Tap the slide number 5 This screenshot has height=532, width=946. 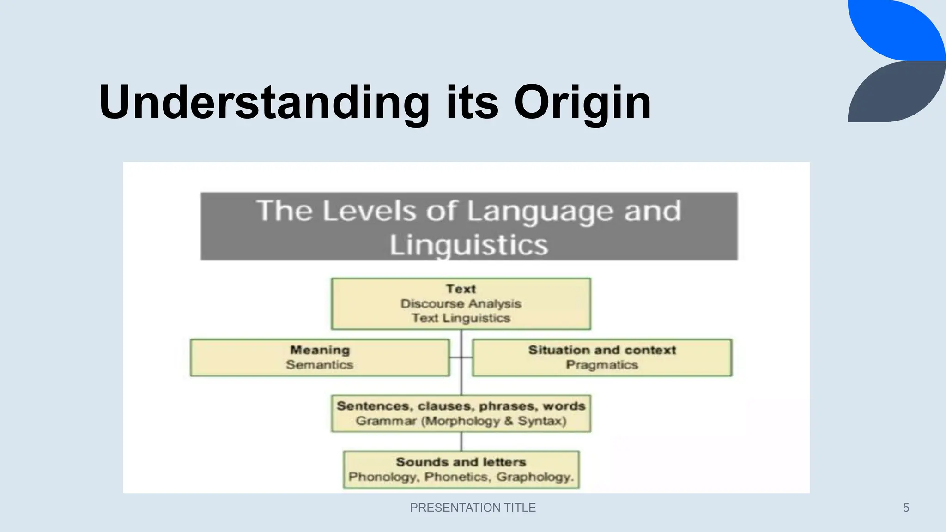(906, 508)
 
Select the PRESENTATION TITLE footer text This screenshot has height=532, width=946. (473, 508)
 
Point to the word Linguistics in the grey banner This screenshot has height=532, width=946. (468, 245)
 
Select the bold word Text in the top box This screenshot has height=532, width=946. (461, 289)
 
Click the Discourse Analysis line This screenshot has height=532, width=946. (461, 304)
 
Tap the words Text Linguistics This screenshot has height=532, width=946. (461, 318)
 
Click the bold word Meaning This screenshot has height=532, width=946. (320, 350)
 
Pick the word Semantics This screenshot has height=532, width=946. (320, 365)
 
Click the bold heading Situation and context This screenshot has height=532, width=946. (602, 350)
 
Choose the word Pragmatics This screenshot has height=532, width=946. (602, 365)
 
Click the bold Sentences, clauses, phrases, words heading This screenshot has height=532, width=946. (461, 406)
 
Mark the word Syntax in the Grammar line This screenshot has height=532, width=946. (540, 421)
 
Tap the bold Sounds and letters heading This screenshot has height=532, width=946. (461, 462)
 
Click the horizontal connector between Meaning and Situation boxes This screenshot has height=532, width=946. (461, 357)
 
